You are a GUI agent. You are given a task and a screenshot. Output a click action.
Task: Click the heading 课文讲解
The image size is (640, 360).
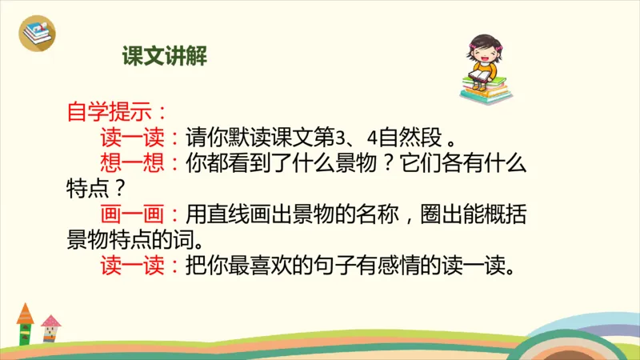click(x=165, y=56)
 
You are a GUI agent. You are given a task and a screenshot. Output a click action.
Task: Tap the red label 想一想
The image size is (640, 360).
click(x=133, y=163)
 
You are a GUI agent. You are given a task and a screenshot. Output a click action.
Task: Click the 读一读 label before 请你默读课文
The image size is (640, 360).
click(x=133, y=137)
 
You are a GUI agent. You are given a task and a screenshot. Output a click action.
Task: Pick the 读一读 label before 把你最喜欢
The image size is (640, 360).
click(x=133, y=266)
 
